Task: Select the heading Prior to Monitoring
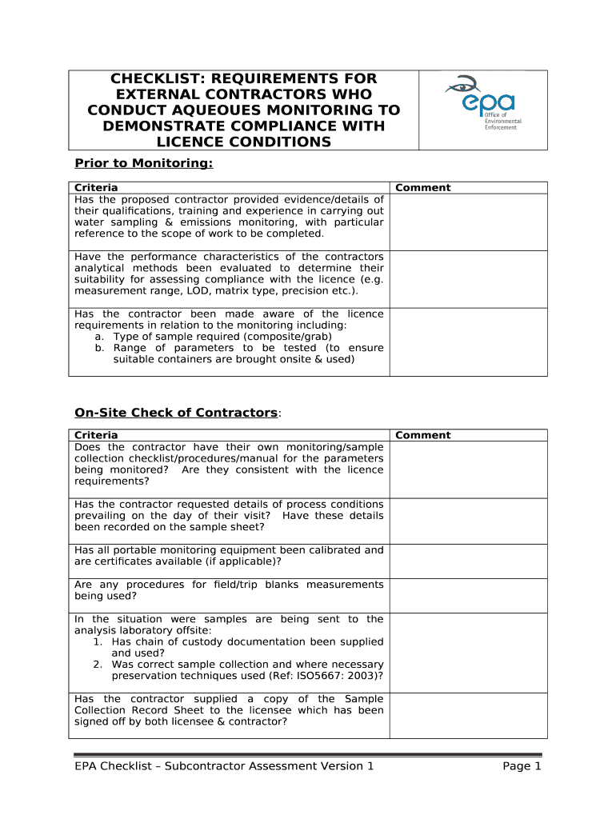coord(144,163)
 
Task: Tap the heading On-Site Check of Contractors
coord(176,412)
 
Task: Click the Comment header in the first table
coord(423,188)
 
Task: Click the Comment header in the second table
coord(423,435)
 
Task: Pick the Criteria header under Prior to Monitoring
coord(96,188)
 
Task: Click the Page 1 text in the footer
coord(522,766)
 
